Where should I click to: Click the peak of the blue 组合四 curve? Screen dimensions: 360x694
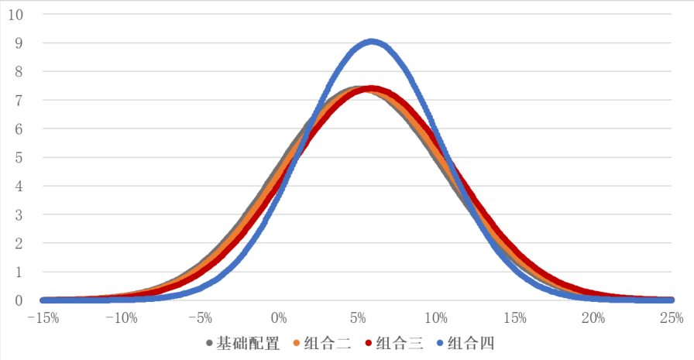372,42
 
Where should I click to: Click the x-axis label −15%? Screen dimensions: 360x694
43,318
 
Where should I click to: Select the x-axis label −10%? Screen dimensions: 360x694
122,318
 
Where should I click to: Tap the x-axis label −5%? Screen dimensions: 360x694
201,318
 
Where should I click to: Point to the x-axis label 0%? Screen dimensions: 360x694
280,318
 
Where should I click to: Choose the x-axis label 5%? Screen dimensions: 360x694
358,318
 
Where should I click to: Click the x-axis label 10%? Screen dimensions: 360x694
436,318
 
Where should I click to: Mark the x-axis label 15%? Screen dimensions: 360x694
515,318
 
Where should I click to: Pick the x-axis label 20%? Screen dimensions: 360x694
593,318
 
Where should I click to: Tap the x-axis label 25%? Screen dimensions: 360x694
672,318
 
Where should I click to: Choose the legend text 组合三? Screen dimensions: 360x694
398,343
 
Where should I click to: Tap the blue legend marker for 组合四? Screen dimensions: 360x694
439,343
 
